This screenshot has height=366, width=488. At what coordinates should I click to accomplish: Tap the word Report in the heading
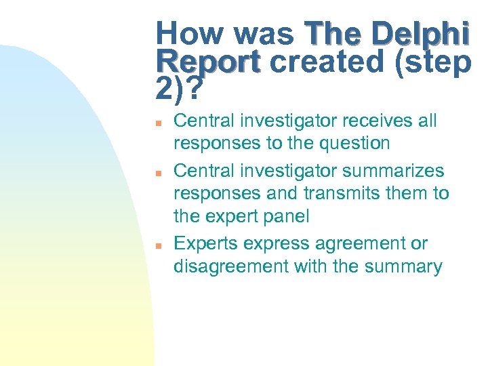[207, 62]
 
